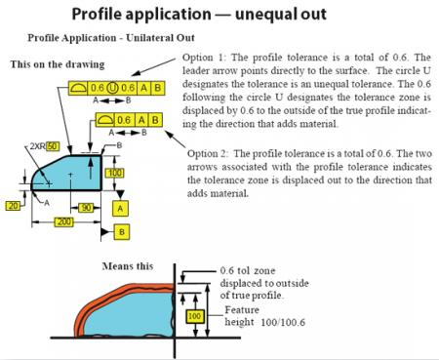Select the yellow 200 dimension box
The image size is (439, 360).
62,223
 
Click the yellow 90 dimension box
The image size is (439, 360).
86,207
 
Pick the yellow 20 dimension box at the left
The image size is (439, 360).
12,207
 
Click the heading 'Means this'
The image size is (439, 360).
126,265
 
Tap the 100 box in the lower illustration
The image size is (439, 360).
193,317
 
